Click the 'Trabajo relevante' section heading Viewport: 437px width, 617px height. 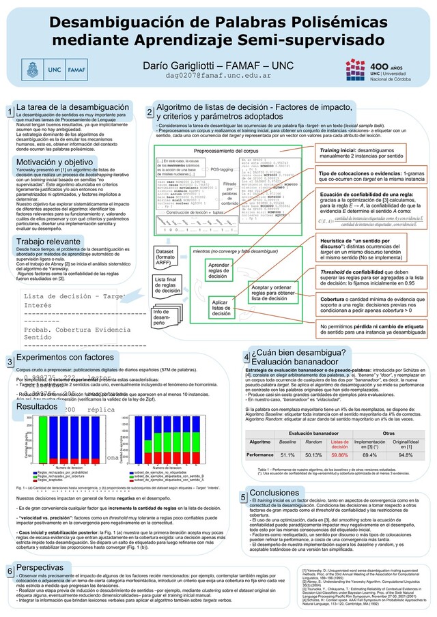(x=50, y=242)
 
